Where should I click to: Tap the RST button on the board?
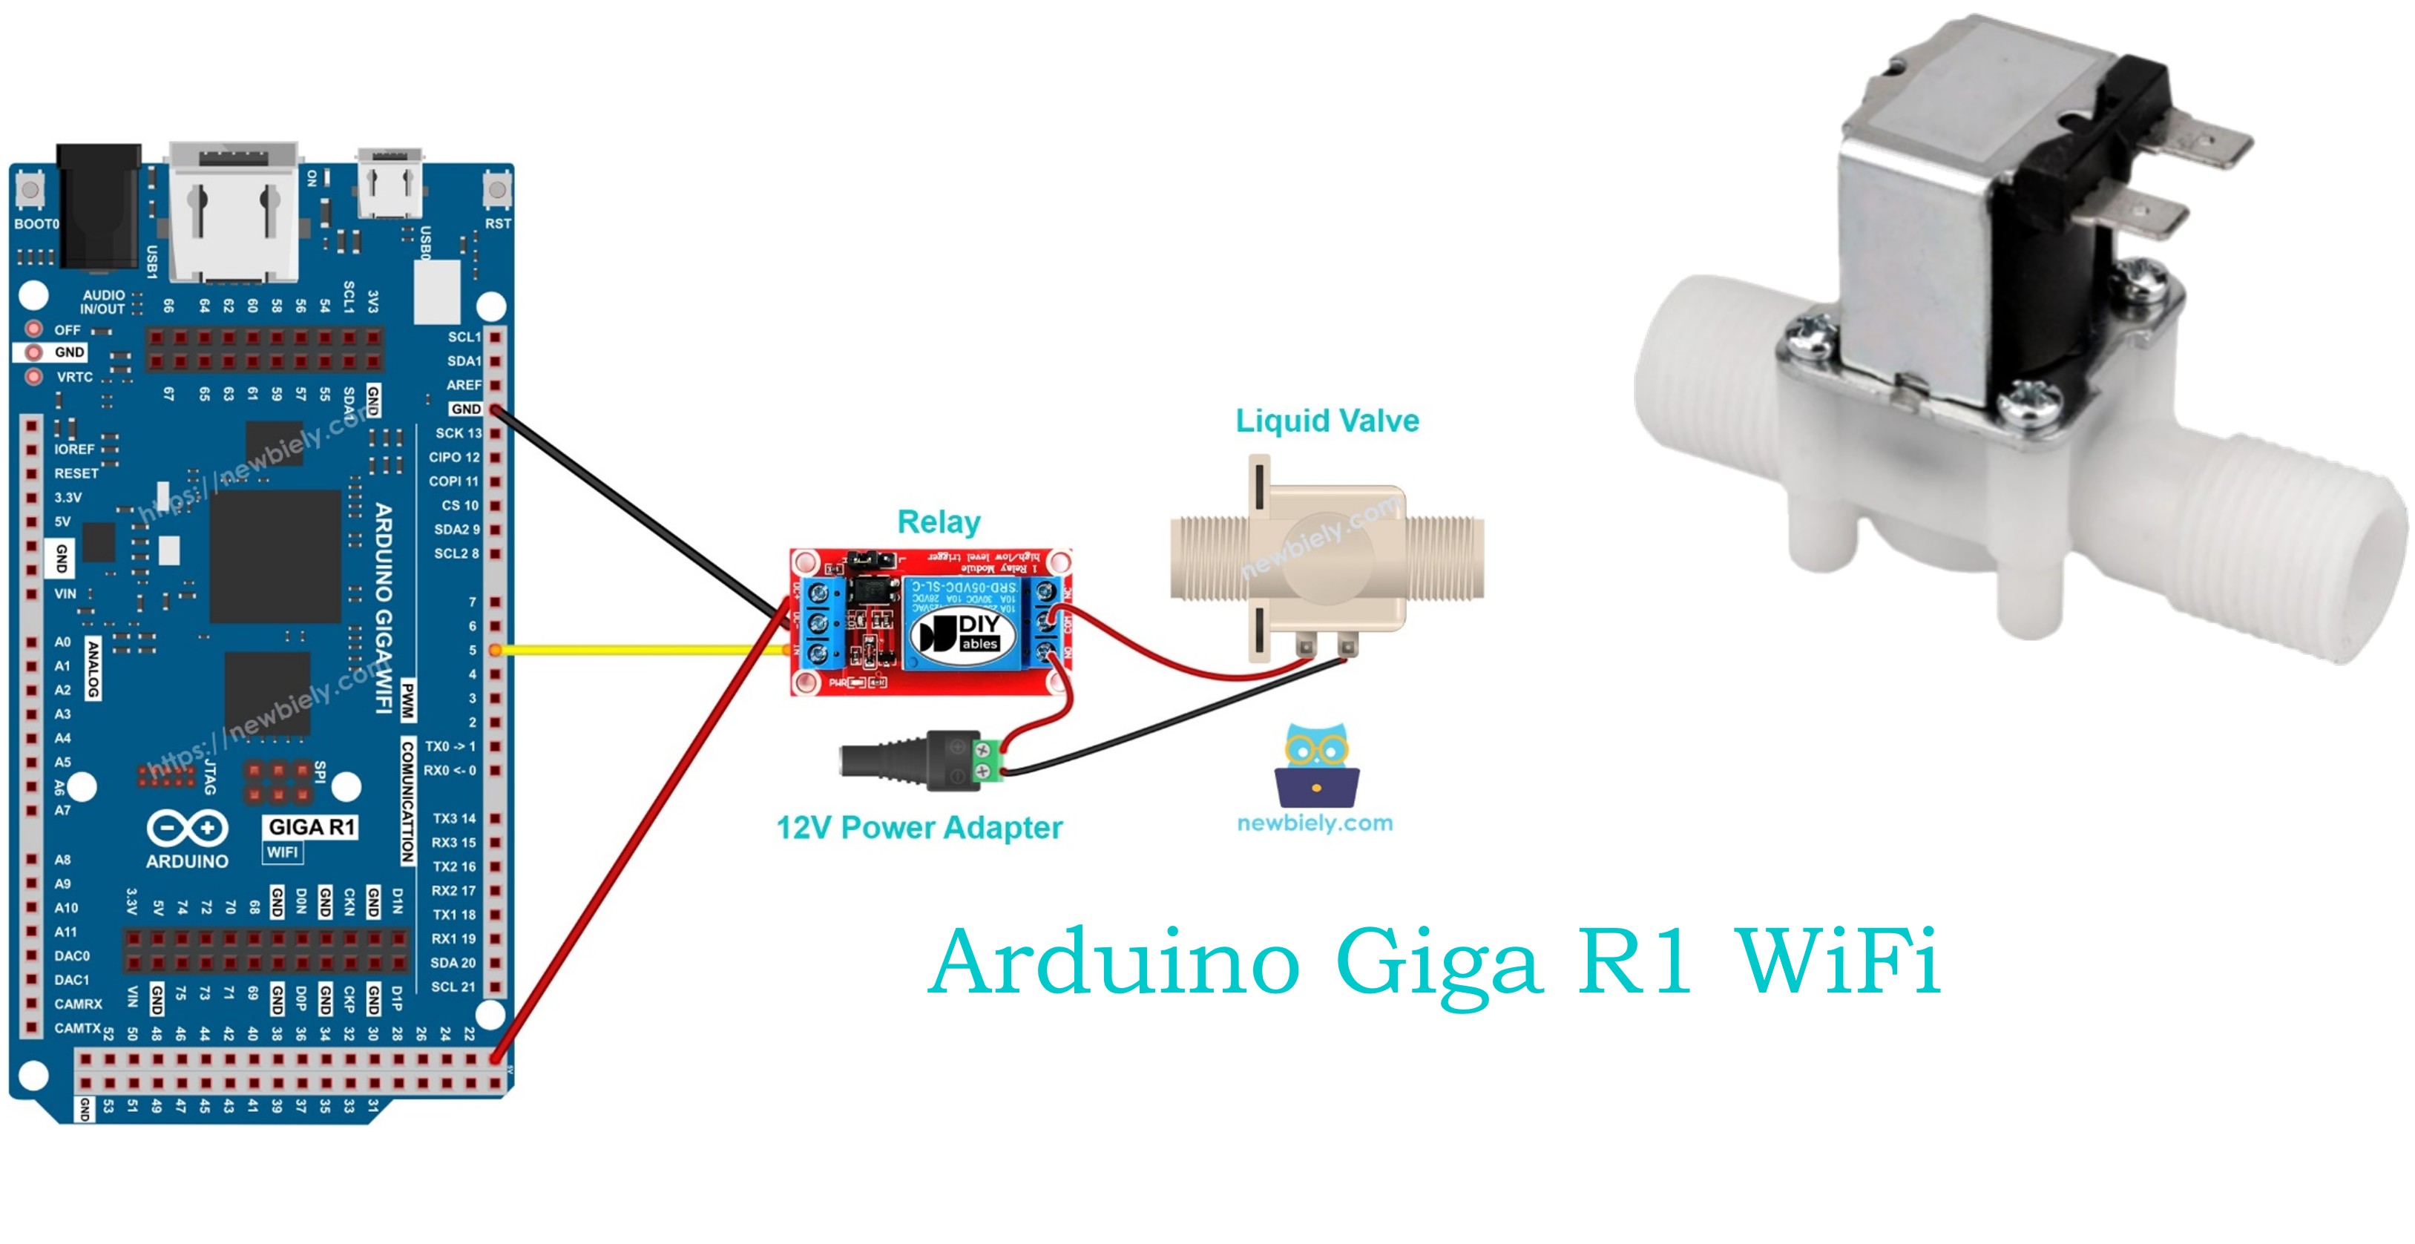coord(497,191)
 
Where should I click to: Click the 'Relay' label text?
coord(939,522)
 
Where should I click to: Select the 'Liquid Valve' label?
coord(1327,421)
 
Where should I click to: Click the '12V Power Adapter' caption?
coord(919,828)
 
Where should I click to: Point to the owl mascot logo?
coord(1316,765)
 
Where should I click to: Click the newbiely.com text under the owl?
coord(1315,823)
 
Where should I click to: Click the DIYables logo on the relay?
coord(961,633)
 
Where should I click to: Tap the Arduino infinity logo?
coord(186,829)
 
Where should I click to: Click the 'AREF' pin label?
coord(463,385)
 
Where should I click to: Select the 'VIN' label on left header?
coord(65,593)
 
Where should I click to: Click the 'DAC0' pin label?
coord(71,956)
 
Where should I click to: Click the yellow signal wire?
coord(637,649)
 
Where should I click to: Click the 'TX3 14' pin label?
coord(454,818)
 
